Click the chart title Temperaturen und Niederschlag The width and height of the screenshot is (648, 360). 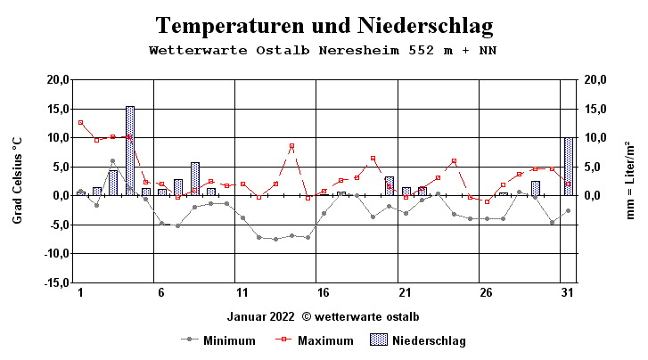[x=324, y=24]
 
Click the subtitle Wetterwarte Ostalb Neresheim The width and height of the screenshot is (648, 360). [x=324, y=51]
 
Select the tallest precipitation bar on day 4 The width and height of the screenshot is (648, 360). [x=129, y=150]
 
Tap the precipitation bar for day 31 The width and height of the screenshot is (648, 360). [x=569, y=166]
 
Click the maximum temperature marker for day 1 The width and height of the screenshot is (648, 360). [x=80, y=122]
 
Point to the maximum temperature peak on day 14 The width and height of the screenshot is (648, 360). [x=291, y=146]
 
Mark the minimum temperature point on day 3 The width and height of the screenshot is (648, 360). [x=113, y=161]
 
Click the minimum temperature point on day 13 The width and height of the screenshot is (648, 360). [x=275, y=239]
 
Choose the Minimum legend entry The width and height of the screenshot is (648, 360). [x=217, y=340]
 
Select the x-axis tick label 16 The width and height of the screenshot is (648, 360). [x=323, y=294]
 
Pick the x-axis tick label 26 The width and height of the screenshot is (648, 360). [x=485, y=294]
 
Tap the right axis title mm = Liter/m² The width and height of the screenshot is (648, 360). [x=630, y=180]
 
